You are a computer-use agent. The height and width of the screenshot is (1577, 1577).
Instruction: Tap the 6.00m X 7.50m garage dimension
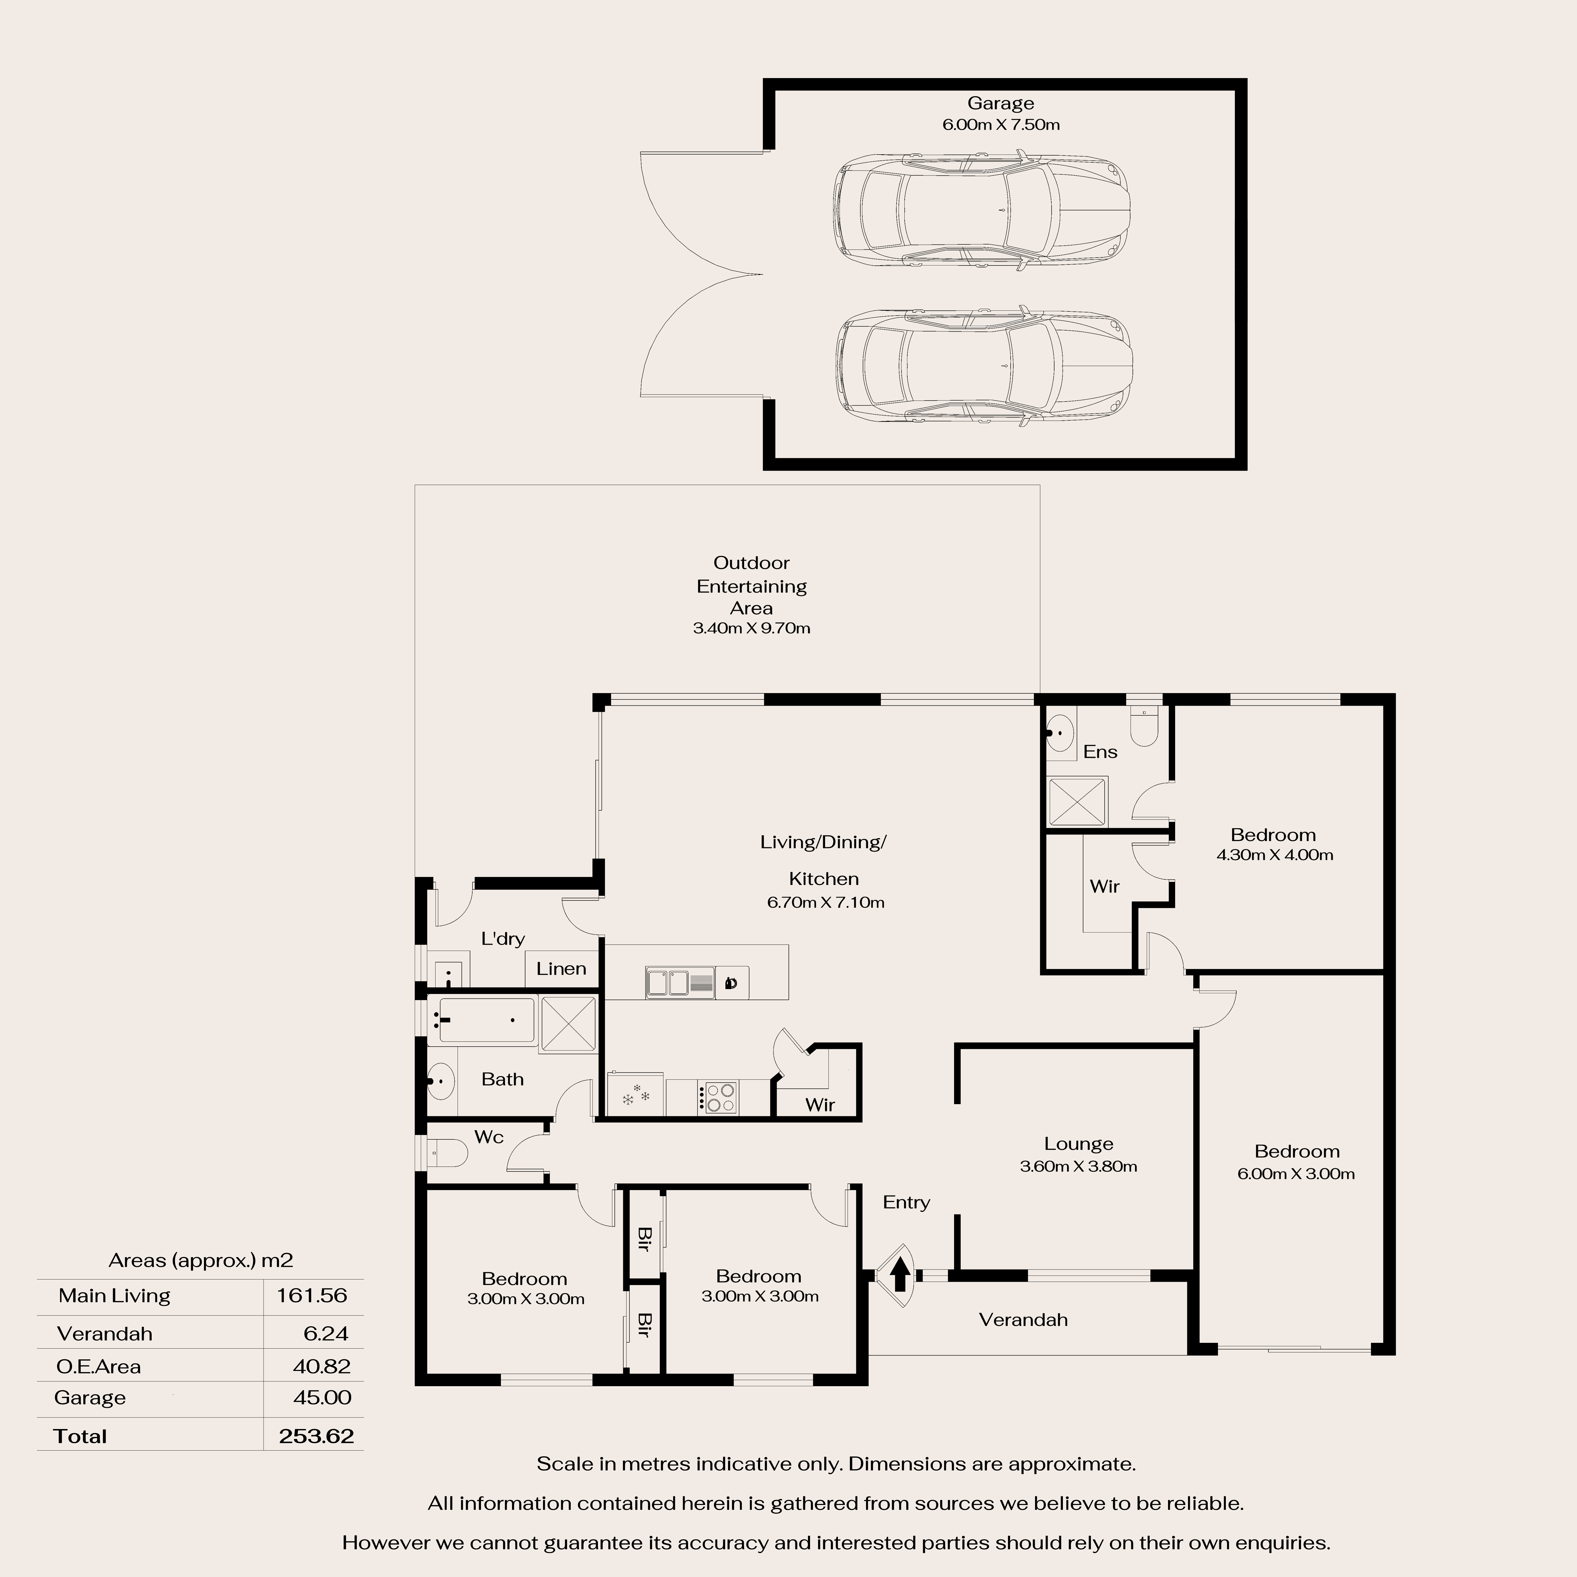[x=1001, y=125]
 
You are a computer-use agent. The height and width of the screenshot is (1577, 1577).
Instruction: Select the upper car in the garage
[x=981, y=210]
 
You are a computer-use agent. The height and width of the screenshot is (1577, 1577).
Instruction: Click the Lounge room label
[x=1078, y=1144]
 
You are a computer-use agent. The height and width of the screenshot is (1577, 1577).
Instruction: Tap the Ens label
[x=1099, y=752]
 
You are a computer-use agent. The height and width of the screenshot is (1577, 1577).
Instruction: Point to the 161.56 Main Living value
[x=312, y=1296]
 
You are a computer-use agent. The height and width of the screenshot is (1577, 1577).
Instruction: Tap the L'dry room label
[x=503, y=939]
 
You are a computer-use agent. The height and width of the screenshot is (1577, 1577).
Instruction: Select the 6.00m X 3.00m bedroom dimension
[x=1296, y=1174]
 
